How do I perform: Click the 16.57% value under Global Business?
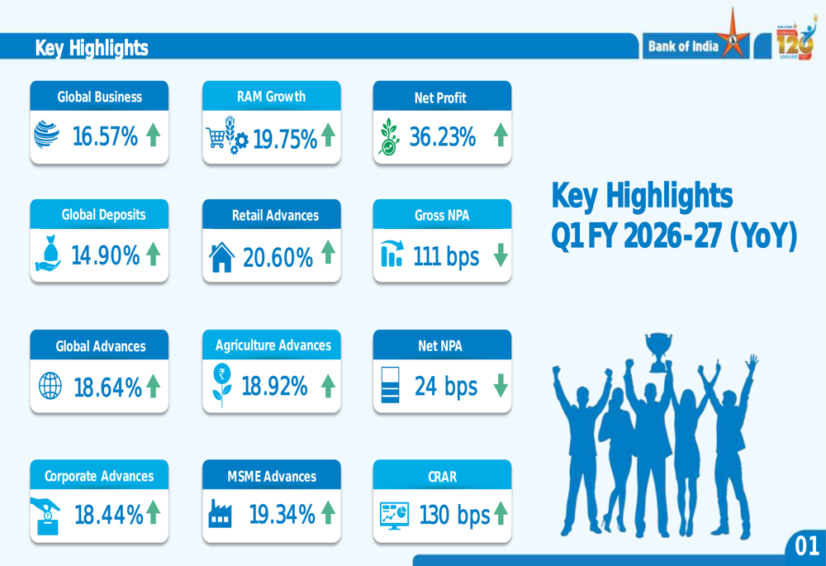(x=105, y=136)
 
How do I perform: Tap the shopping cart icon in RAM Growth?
(x=216, y=137)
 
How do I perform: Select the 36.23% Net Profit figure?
(x=443, y=136)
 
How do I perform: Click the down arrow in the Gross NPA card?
(x=501, y=254)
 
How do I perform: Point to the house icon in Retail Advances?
(x=221, y=257)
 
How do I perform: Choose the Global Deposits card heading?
(x=104, y=215)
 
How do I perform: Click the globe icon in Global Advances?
(x=50, y=386)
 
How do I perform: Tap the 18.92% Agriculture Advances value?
(x=274, y=387)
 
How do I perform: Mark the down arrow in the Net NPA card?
(x=501, y=385)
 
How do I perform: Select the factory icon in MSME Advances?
(x=220, y=514)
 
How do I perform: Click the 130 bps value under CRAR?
(x=454, y=516)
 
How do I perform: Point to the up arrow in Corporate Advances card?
(x=154, y=512)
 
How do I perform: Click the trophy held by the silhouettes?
(x=658, y=351)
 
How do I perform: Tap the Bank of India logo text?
(x=683, y=46)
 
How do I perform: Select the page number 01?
(x=807, y=546)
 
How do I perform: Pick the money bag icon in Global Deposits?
(x=49, y=254)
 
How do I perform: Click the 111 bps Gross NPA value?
(x=446, y=257)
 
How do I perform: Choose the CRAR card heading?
(x=443, y=477)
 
